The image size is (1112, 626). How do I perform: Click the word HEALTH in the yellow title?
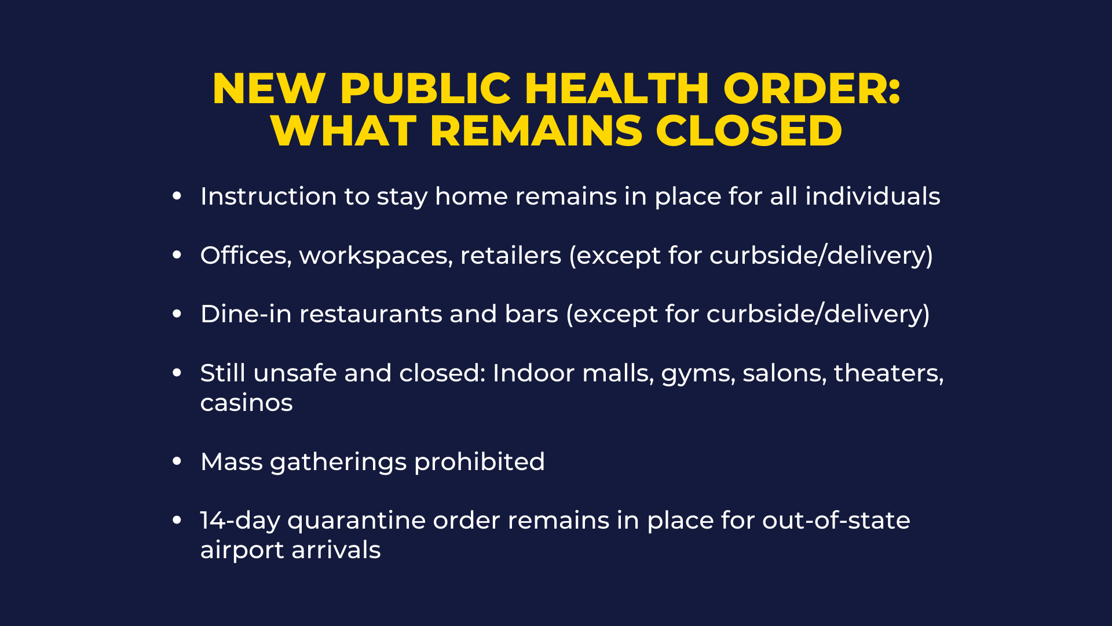click(x=617, y=89)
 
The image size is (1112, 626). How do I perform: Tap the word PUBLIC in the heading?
click(x=425, y=89)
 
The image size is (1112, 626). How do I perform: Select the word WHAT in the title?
click(x=343, y=130)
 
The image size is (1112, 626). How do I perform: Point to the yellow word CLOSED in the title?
click(x=749, y=130)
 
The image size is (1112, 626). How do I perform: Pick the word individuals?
click(x=873, y=196)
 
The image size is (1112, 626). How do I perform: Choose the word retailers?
click(x=511, y=255)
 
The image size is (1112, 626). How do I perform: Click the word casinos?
click(x=247, y=403)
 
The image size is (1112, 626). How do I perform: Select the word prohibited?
click(x=480, y=462)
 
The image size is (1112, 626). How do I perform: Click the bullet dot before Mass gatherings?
click(x=177, y=461)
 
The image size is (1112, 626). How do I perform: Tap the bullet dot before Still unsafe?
click(x=177, y=373)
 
